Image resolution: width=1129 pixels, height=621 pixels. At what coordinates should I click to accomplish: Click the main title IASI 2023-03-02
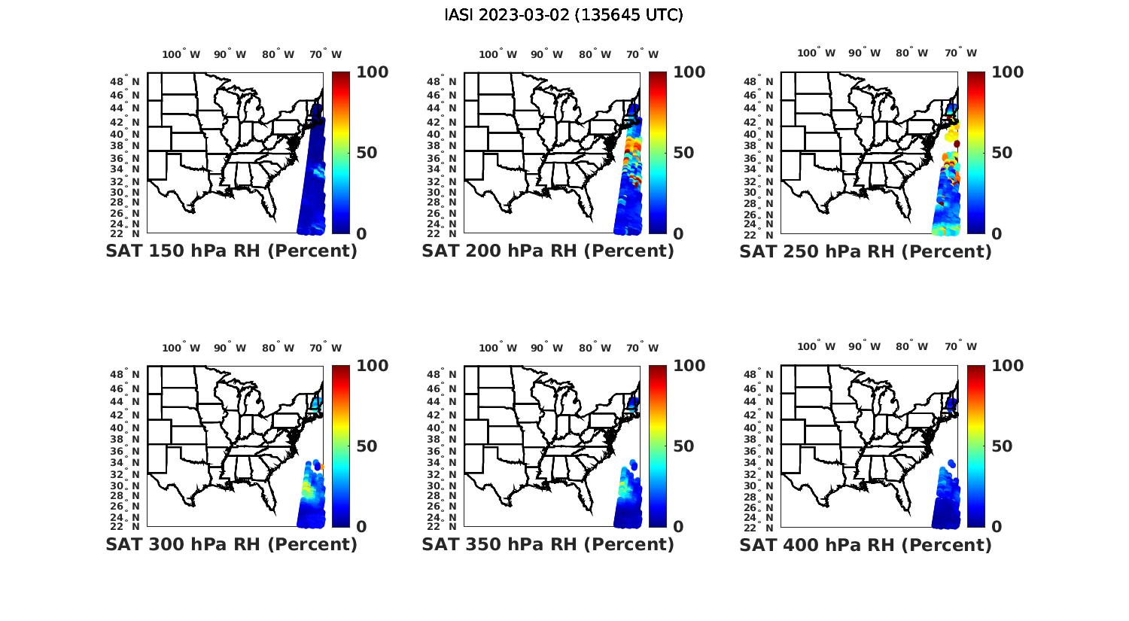tap(564, 15)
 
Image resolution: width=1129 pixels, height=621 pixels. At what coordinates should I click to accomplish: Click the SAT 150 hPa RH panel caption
tap(231, 251)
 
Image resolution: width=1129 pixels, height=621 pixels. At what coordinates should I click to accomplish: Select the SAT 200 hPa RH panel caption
tap(548, 251)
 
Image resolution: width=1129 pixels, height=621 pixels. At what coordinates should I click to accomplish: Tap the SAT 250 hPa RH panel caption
tap(866, 251)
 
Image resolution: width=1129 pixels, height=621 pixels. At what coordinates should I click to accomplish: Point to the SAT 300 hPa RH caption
tap(231, 544)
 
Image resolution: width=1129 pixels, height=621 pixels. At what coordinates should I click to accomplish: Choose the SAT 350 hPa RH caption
tap(548, 544)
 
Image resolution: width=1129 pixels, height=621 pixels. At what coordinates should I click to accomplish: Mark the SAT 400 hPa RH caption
tap(866, 544)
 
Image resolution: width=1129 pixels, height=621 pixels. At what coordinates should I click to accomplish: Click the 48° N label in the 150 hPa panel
tap(126, 81)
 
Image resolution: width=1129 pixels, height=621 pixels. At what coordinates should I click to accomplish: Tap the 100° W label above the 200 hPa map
tap(498, 54)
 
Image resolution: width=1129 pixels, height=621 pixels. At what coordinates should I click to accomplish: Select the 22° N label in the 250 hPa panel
tap(759, 233)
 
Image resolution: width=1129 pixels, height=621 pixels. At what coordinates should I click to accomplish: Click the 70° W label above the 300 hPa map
tap(326, 348)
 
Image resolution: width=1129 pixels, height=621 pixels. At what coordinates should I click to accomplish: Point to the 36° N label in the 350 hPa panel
tap(443, 451)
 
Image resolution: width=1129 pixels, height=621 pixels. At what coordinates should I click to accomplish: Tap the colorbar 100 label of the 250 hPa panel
tap(1008, 72)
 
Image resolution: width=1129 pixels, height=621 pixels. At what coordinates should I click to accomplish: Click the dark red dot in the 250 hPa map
tap(957, 144)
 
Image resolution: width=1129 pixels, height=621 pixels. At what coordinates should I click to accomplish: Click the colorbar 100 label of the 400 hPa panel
tap(1008, 366)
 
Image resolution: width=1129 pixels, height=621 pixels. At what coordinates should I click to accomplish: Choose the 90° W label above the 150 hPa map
tap(230, 54)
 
